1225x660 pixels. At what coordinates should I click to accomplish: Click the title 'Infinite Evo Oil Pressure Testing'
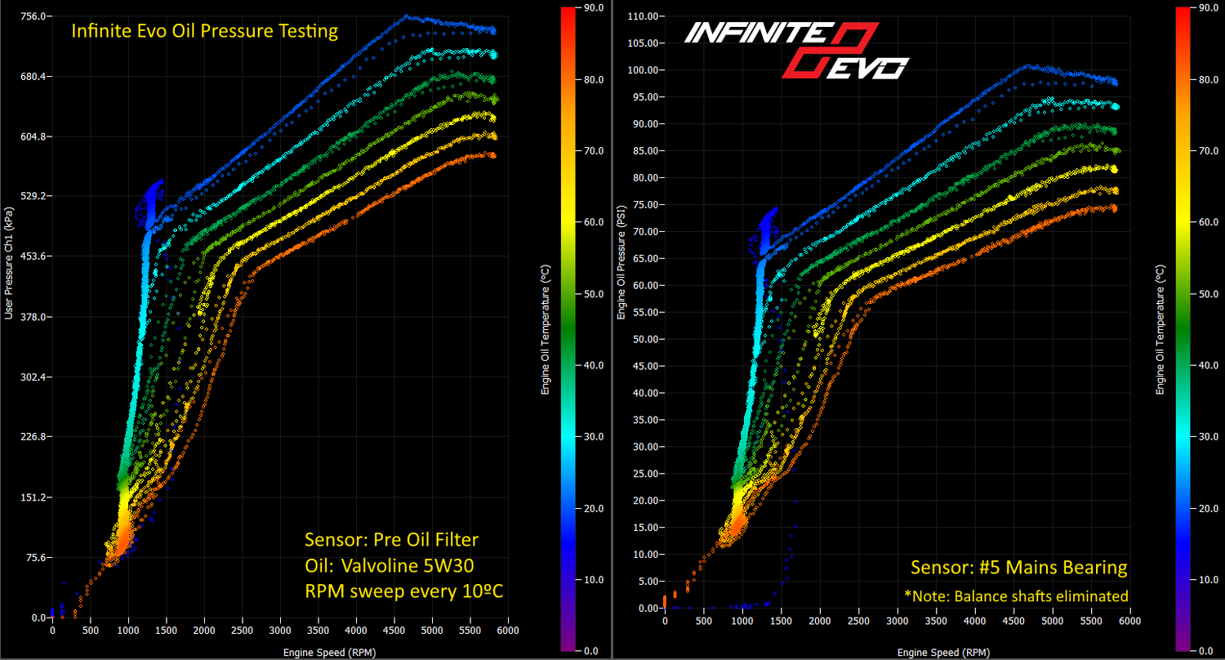[204, 32]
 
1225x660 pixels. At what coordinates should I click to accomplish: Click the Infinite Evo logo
[795, 50]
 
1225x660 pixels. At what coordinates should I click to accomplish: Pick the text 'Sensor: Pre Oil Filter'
[391, 540]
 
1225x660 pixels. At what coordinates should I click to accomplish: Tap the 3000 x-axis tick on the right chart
[897, 622]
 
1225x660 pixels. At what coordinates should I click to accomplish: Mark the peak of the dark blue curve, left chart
[406, 16]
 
